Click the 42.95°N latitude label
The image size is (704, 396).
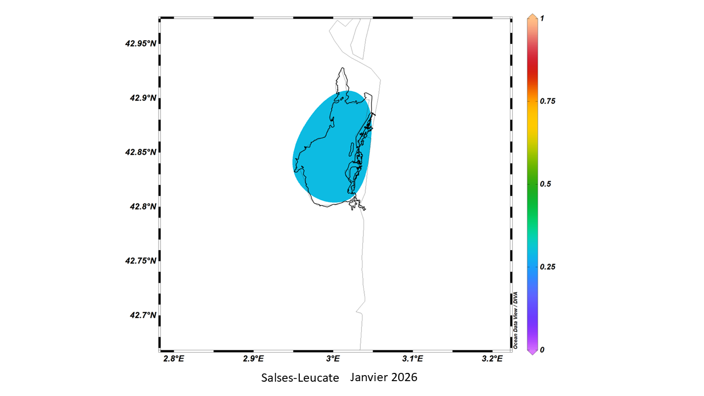click(x=140, y=43)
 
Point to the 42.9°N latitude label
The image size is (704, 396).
click(x=142, y=98)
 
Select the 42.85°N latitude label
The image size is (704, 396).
click(x=140, y=152)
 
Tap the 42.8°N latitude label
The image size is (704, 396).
click(x=142, y=206)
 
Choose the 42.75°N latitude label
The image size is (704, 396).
click(x=140, y=261)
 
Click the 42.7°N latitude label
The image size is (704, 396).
click(x=142, y=315)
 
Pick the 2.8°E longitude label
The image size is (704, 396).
click(x=173, y=359)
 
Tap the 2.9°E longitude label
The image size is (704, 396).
click(x=253, y=359)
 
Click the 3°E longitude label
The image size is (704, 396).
click(x=333, y=359)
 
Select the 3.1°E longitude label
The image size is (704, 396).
click(x=413, y=359)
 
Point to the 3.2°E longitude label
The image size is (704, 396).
click(x=492, y=359)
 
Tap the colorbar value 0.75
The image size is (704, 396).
click(x=548, y=101)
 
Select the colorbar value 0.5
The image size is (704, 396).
click(x=546, y=184)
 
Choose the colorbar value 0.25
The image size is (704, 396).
click(x=548, y=267)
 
